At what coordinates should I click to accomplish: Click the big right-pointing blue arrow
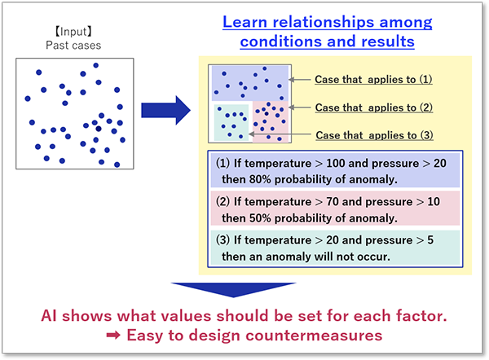[165, 110]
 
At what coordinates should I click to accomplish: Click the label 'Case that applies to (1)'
[373, 80]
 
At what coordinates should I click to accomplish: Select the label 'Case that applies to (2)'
[373, 108]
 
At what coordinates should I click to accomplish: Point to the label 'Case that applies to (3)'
[374, 135]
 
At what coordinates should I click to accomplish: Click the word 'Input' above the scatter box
[73, 32]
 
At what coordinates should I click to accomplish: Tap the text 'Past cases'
[73, 46]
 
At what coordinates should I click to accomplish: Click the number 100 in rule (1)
[336, 164]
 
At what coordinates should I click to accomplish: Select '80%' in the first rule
[260, 179]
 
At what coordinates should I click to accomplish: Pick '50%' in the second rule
[260, 218]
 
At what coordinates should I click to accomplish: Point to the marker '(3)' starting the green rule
[222, 240]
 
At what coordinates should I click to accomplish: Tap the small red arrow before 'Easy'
[113, 336]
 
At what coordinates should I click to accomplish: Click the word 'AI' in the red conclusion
[49, 316]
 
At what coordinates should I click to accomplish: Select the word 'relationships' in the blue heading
[324, 23]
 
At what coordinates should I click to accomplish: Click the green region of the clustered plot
[231, 122]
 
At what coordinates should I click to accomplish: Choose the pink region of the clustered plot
[270, 121]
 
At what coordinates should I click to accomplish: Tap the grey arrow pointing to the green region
[280, 134]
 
